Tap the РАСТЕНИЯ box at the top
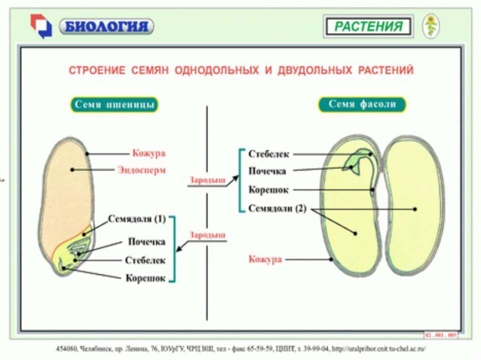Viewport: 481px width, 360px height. [x=369, y=27]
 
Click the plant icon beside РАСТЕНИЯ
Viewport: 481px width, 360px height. [x=431, y=26]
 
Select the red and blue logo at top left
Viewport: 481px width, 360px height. [x=41, y=26]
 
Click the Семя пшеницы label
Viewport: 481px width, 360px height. [x=115, y=105]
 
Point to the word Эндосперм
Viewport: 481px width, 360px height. [x=142, y=169]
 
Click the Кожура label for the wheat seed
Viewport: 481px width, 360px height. [x=148, y=152]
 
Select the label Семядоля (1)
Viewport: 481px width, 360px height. [x=136, y=219]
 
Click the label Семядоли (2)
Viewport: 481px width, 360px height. [x=277, y=208]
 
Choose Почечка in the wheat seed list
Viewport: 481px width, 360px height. [x=146, y=242]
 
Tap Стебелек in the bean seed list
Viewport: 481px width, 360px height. [x=268, y=154]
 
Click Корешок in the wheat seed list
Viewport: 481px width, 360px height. [x=145, y=278]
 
